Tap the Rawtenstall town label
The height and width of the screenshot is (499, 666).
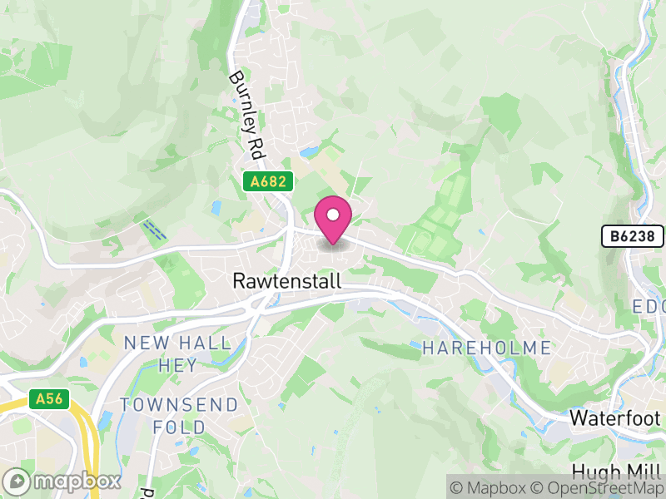click(287, 282)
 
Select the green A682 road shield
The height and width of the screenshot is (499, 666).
click(268, 180)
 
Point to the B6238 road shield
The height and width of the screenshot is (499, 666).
click(633, 236)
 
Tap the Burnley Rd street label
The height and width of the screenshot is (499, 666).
click(243, 114)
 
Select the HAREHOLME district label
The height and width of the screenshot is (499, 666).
click(486, 348)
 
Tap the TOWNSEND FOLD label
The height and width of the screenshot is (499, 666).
click(179, 416)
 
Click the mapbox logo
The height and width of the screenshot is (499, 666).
click(65, 482)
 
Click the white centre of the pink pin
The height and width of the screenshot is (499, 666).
click(333, 215)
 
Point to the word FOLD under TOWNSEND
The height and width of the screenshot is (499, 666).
click(180, 427)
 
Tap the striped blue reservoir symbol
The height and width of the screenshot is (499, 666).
click(154, 230)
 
